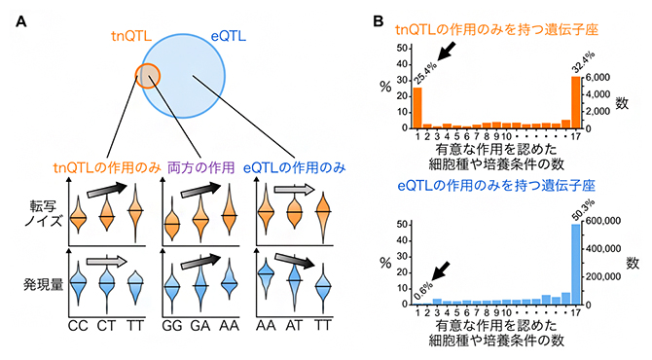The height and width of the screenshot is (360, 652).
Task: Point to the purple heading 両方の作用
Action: coord(203,168)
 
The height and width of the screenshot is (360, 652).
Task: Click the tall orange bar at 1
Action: coord(417,108)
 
